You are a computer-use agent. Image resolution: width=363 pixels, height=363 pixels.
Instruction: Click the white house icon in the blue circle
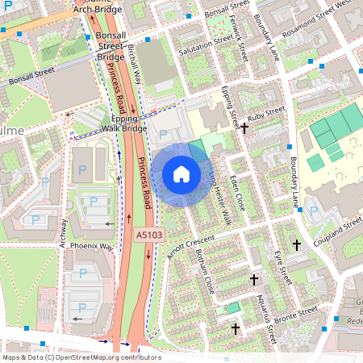pos(181,174)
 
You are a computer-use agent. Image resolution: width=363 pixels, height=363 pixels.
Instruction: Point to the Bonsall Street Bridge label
pos(111,48)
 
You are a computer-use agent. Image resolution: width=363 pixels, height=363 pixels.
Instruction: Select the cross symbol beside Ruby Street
pos(244,127)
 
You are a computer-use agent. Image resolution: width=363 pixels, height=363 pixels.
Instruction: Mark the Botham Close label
pos(202,272)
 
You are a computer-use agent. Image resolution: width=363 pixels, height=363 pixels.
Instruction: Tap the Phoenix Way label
pos(91,245)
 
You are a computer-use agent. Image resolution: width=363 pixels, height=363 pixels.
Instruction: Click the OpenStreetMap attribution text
pos(81,357)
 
